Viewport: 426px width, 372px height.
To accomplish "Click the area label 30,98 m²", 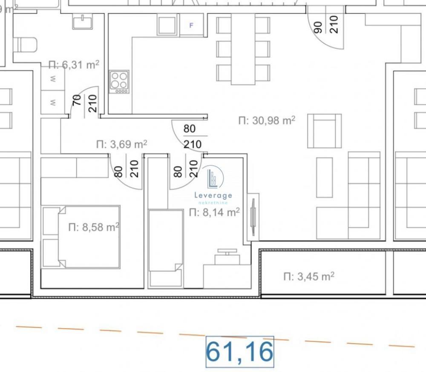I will coord(267,120).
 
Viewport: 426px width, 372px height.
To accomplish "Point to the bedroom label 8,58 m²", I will coord(94,227).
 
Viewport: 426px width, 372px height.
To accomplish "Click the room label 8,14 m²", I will coord(214,212).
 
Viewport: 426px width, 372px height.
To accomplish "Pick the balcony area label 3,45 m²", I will coord(309,277).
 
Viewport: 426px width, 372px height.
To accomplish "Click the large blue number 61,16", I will coord(239,352).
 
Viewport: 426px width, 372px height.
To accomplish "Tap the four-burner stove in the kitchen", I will coord(119,82).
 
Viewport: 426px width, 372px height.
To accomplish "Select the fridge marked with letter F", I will coord(191,25).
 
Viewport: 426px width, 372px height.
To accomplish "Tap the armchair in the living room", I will coord(324,131).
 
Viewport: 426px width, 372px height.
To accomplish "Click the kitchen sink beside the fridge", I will coord(167,25).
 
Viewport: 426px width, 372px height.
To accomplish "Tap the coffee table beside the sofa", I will coord(324,177).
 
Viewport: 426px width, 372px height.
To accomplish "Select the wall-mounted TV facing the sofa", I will coord(253,217).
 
